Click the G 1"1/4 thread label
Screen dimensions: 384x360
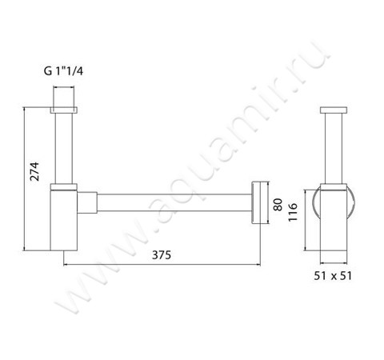63,71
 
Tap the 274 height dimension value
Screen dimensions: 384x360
34,171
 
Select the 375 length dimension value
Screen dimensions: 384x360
162,255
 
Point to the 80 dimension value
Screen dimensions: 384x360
278,205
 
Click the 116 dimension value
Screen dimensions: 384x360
293,212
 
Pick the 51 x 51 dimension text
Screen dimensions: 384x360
333,276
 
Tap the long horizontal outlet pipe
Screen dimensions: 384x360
174,202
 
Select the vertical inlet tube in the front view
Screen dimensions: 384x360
64,149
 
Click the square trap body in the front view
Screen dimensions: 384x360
64,220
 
